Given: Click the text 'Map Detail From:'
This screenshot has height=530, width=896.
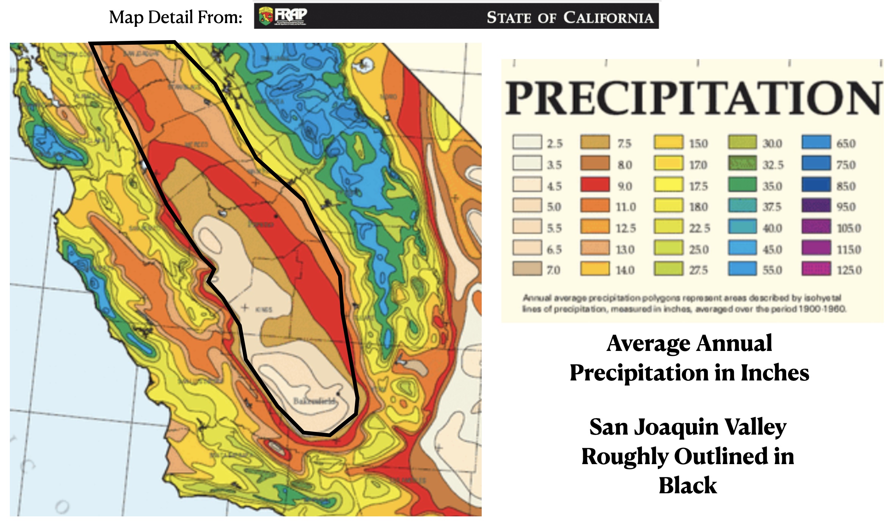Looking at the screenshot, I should tap(176, 17).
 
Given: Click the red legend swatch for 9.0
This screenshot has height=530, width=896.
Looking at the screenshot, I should tap(595, 185).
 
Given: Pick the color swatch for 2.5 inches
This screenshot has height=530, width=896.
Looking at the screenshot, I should tap(527, 142).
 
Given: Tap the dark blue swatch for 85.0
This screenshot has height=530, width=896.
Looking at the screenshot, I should tap(816, 185).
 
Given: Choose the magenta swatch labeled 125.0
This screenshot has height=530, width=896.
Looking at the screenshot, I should tap(816, 269).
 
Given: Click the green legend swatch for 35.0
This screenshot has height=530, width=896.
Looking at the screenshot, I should tap(742, 185).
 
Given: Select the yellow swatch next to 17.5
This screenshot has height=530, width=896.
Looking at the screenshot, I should tap(668, 185).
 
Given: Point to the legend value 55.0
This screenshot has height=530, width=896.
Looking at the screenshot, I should tap(772, 270).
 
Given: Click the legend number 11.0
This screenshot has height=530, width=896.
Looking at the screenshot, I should tap(626, 207).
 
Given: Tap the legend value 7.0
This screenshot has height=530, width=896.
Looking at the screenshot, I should tap(553, 270).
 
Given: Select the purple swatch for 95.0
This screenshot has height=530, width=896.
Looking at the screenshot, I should tap(816, 206).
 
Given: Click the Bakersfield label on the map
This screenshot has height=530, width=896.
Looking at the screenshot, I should tap(314, 401).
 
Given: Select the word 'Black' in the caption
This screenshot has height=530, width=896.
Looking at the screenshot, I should tap(688, 486).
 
